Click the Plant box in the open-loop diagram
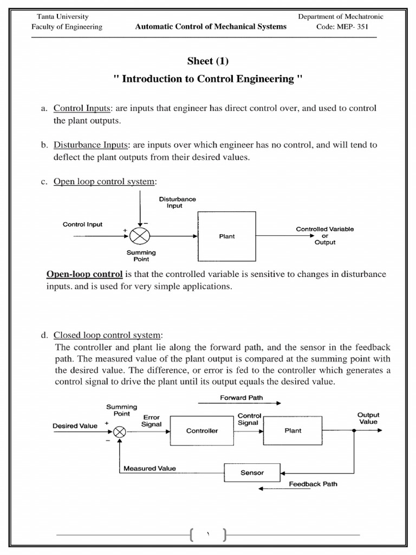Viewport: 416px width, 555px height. coord(227,236)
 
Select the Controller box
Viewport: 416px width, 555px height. coord(202,431)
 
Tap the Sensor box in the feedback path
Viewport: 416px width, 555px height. coord(252,473)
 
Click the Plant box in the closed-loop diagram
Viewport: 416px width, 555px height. coord(293,431)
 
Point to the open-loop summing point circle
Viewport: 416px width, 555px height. coord(140,236)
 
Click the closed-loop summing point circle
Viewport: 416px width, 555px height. coord(120,431)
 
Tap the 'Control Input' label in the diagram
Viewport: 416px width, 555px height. coord(82,224)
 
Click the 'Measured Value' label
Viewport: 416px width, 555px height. coord(149,468)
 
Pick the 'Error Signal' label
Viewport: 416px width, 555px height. coord(152,421)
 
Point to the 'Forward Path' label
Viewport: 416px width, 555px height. coord(242,397)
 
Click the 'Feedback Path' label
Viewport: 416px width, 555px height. coord(313,483)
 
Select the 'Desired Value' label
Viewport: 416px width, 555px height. coord(75,426)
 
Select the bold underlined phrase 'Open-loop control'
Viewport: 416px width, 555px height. coord(84,274)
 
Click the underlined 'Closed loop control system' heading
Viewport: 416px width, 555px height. coord(108,334)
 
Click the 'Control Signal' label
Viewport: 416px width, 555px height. coord(248,419)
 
